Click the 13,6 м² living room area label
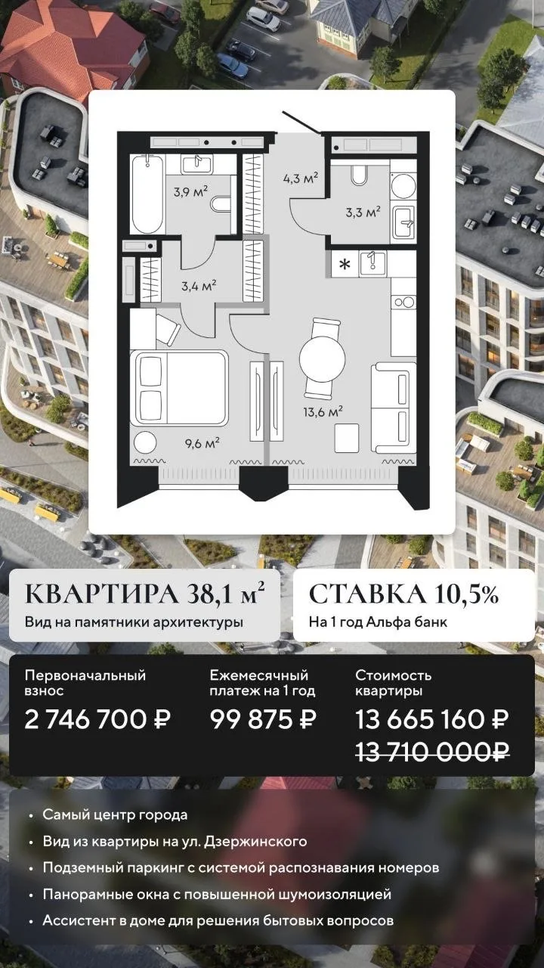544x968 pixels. click(323, 411)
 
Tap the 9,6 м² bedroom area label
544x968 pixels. click(203, 443)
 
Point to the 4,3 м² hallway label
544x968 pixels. click(301, 178)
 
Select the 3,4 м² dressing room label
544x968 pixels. click(199, 286)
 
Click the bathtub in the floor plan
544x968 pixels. click(147, 194)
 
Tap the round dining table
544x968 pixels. click(322, 358)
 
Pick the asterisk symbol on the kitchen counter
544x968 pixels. click(345, 264)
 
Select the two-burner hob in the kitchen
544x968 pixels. click(403, 302)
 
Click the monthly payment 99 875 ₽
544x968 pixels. click(264, 719)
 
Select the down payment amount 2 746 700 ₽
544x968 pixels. click(97, 719)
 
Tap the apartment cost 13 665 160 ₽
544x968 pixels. click(431, 719)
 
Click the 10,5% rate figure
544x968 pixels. click(467, 594)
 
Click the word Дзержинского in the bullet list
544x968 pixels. click(255, 842)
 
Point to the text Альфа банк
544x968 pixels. click(406, 622)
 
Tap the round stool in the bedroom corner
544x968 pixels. click(144, 443)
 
